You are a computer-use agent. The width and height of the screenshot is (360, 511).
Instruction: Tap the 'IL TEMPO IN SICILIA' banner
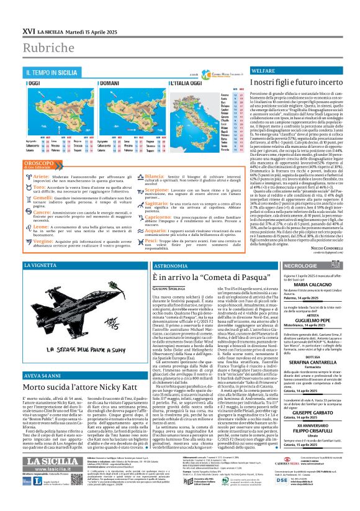click(x=52, y=73)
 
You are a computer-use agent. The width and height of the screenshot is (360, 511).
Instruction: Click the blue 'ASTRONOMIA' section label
click(x=169, y=266)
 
